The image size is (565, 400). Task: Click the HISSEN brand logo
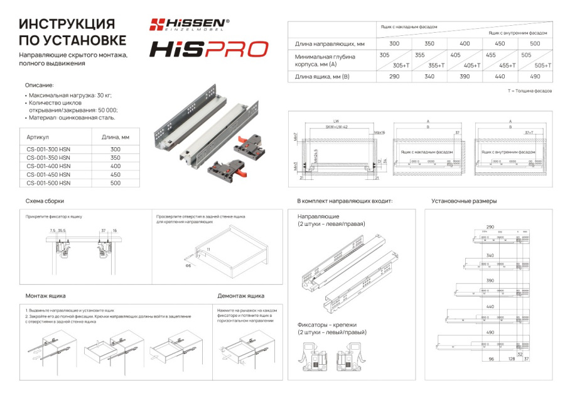coord(189,24)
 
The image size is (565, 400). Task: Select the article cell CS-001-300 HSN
coord(48,149)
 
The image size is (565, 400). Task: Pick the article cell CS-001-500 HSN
coord(48,183)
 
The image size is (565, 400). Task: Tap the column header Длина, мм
coord(115,136)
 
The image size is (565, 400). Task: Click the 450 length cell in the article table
coord(115,175)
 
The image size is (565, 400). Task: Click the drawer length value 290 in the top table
coord(394,77)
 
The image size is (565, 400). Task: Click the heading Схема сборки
coord(45,201)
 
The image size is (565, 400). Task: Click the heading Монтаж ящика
coord(45,296)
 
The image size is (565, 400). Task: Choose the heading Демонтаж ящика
coord(240,296)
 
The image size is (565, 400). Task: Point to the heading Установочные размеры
coord(464,201)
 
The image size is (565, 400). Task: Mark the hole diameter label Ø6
coord(187,266)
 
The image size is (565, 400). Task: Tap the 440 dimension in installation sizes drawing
coord(490,306)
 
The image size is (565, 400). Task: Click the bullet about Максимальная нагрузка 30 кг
coord(70,95)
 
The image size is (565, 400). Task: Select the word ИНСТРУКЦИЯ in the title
coord(67,24)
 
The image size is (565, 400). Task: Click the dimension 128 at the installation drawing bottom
coord(511,359)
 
